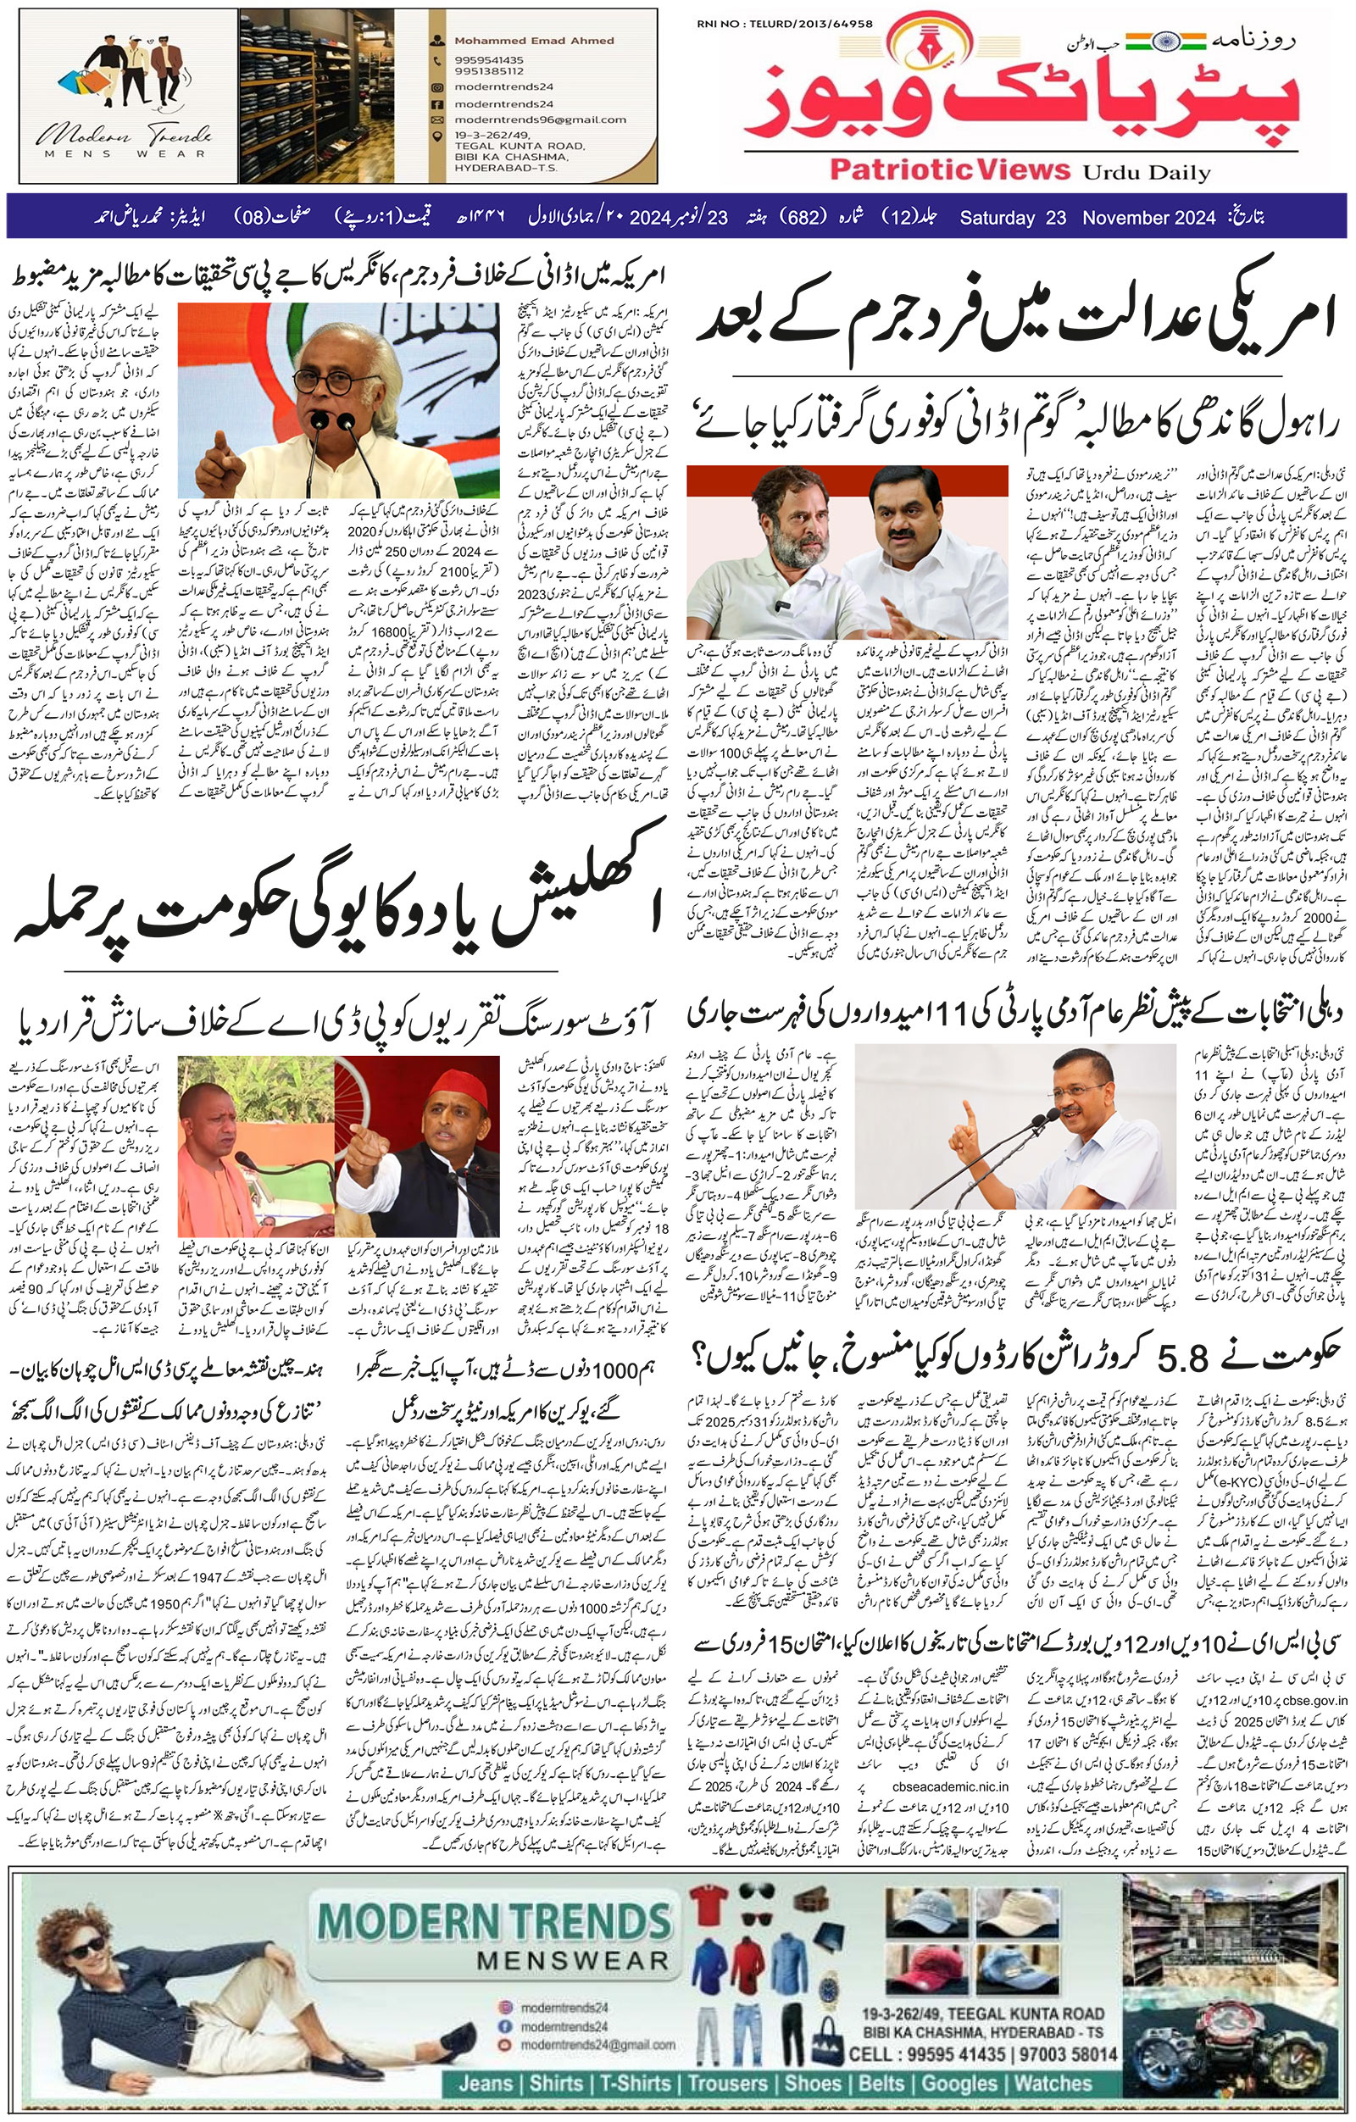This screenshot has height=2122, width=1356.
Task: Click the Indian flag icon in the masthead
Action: (1181, 41)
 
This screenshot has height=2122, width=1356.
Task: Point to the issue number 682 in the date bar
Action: (803, 218)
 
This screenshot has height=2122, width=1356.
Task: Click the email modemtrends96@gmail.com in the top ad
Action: (539, 119)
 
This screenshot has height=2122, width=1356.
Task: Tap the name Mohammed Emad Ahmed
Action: (534, 41)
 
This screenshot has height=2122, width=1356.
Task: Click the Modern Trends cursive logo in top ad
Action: (124, 136)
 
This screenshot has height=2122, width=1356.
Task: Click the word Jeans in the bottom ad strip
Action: (487, 2083)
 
